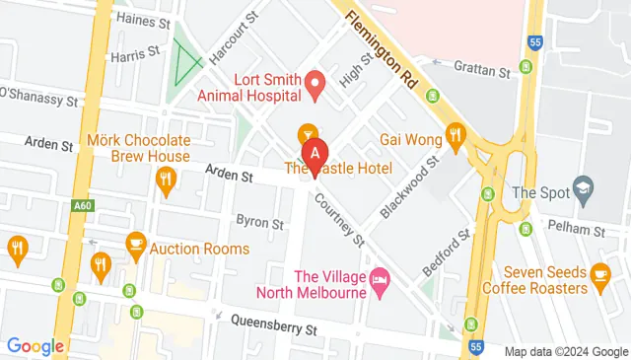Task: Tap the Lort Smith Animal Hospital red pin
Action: click(315, 85)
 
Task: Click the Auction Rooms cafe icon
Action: click(136, 243)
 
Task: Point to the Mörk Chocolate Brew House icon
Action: click(165, 180)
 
